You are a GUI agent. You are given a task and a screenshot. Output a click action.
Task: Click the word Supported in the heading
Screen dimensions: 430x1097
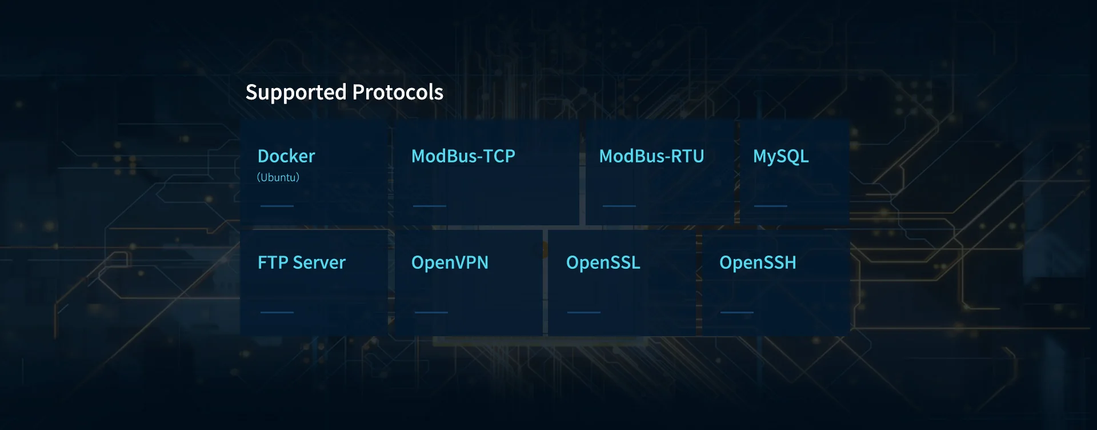(x=296, y=93)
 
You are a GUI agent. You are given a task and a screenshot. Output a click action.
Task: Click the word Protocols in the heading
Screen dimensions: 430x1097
(x=398, y=92)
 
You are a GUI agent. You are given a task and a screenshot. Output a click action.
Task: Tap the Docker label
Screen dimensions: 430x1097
(x=286, y=156)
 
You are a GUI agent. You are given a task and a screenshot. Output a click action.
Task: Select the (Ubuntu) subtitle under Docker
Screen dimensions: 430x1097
(x=278, y=177)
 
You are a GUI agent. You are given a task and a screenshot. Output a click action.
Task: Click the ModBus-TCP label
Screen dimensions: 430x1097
(x=463, y=156)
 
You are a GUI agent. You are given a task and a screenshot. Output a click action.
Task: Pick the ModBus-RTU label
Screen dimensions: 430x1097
(x=651, y=156)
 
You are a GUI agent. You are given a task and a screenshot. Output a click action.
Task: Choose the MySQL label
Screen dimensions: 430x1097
(x=780, y=156)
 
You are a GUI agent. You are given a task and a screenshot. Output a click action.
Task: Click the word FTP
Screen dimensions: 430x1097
(x=273, y=262)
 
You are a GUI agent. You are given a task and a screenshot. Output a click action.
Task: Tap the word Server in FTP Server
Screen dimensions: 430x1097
(x=319, y=262)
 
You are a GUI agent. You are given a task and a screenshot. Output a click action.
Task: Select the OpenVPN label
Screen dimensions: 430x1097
(x=450, y=262)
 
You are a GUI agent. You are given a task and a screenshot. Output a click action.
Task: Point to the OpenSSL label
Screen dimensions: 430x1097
(x=603, y=262)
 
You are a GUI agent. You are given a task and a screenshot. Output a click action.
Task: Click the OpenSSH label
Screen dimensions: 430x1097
(x=758, y=262)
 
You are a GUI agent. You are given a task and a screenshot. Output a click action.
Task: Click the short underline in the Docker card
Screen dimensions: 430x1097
(x=277, y=206)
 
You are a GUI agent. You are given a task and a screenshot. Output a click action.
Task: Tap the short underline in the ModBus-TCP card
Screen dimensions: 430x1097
(x=430, y=206)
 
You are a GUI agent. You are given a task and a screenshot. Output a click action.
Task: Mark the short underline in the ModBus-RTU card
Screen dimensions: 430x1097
(x=619, y=206)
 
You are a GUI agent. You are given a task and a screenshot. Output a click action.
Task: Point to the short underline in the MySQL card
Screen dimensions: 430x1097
(x=771, y=206)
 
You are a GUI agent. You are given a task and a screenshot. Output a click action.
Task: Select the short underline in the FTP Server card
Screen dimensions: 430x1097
(x=277, y=312)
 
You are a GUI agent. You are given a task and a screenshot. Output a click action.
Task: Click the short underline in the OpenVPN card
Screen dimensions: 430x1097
(x=431, y=312)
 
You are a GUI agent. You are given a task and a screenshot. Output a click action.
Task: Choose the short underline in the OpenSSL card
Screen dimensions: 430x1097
(x=584, y=312)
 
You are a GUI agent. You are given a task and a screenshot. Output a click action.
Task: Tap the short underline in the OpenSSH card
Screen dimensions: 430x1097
(x=737, y=312)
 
